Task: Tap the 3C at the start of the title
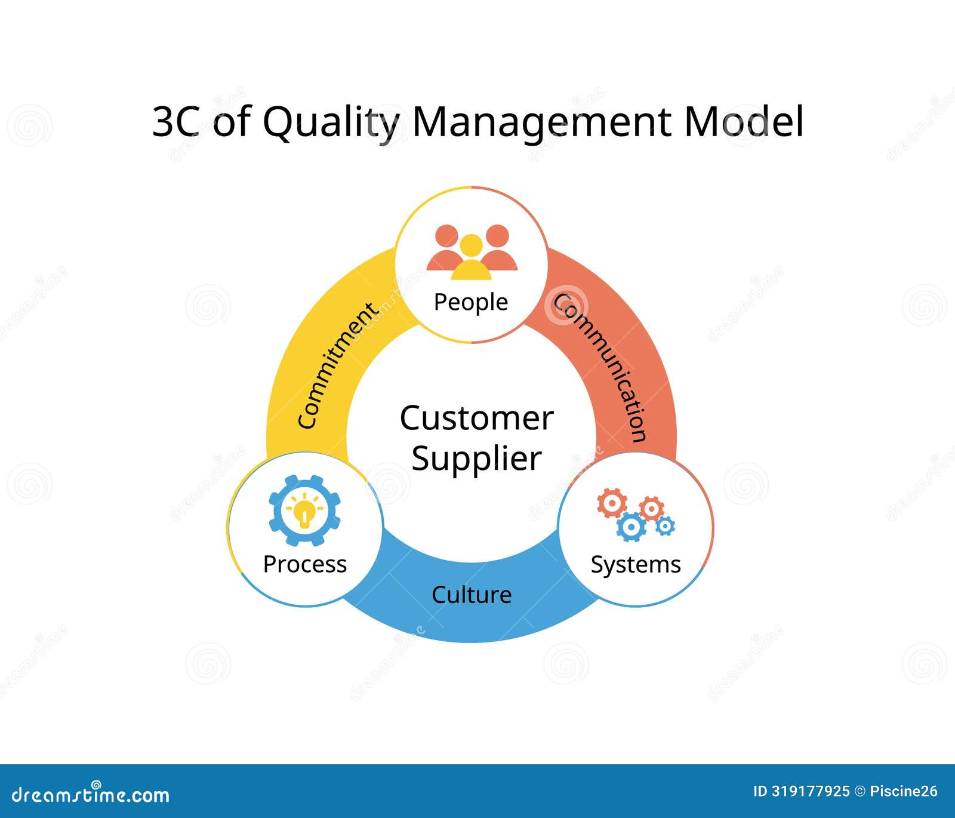tap(177, 122)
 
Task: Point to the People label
tap(470, 302)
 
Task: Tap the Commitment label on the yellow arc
tap(337, 366)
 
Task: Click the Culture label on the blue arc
tap(472, 595)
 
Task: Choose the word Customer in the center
tap(476, 418)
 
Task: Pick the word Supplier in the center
tap(476, 459)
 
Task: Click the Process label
tap(304, 564)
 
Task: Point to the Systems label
tap(636, 565)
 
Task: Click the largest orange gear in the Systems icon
tap(612, 503)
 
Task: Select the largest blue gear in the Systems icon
tap(631, 527)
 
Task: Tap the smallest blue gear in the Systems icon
tap(665, 526)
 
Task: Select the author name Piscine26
tap(904, 792)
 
